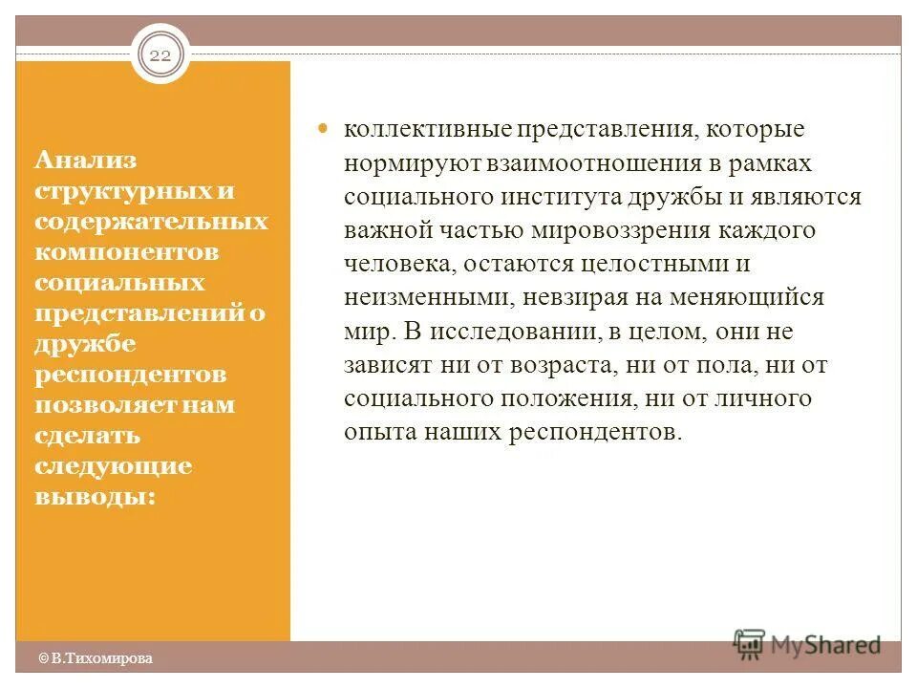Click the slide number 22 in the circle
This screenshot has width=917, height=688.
(x=160, y=54)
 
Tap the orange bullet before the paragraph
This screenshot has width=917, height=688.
(x=323, y=127)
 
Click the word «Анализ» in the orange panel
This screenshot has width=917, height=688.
(x=86, y=160)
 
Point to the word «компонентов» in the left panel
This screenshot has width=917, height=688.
(x=127, y=252)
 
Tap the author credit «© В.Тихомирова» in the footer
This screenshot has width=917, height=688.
(x=96, y=658)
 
